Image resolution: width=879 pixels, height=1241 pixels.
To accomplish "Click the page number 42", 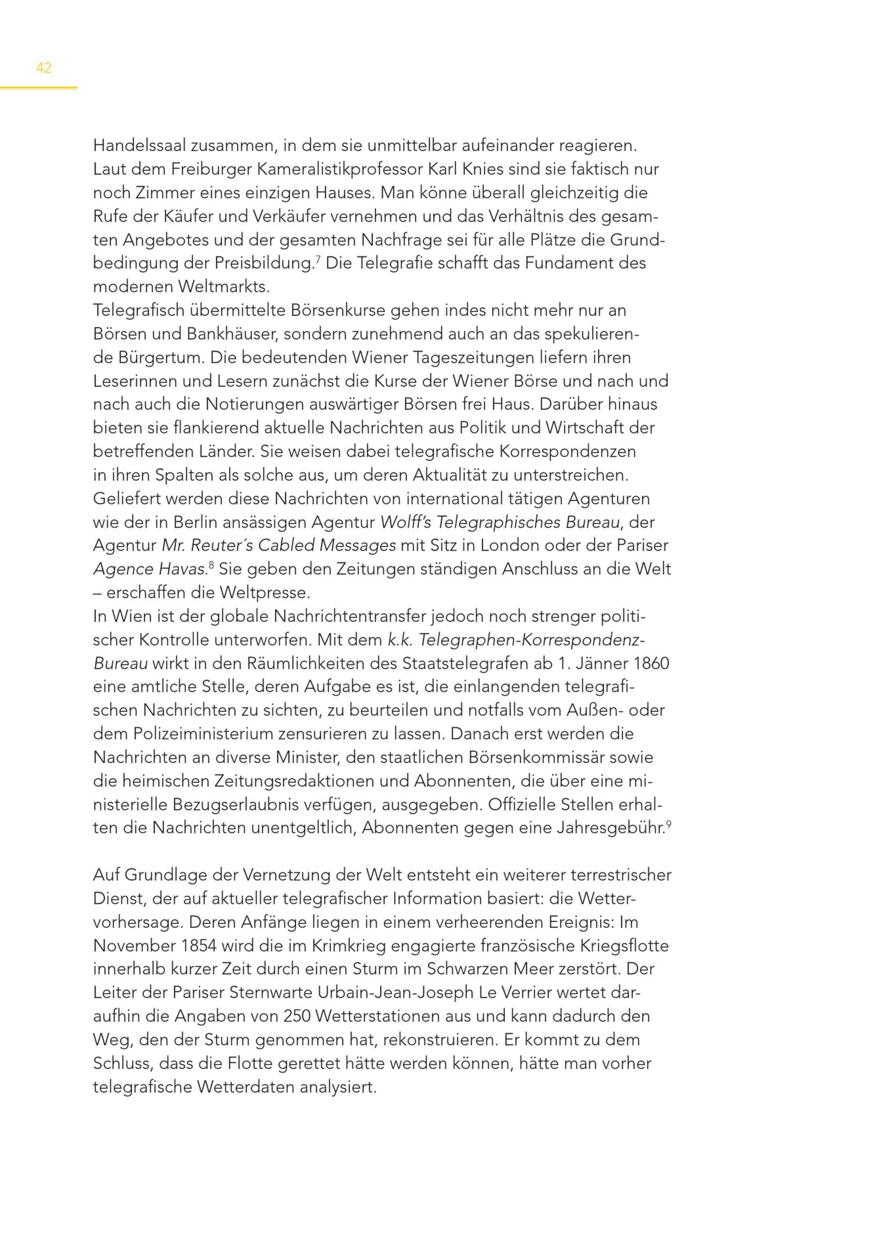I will (44, 68).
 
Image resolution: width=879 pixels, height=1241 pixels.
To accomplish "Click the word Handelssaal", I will (140, 146).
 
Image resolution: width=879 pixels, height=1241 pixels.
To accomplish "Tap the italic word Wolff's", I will (405, 523).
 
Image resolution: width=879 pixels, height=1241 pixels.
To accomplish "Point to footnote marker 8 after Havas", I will (211, 565).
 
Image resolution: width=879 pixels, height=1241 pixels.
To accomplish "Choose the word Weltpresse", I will (265, 593).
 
